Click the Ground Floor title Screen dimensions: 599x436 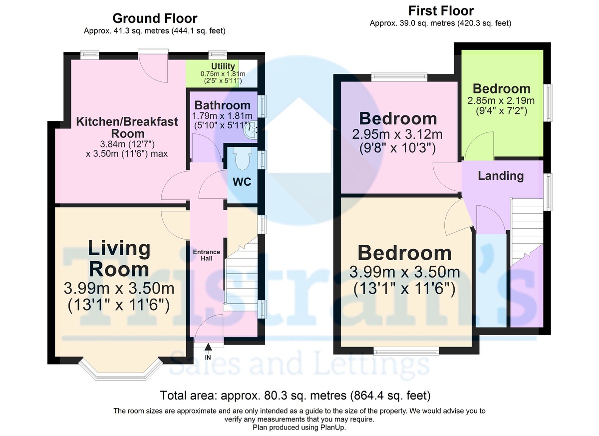155,18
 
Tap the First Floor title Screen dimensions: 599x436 441,11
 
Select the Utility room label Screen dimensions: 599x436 223,66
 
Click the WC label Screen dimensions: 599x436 242,182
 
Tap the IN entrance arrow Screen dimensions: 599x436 208,347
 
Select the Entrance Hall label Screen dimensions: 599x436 207,255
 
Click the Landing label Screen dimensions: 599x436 501,176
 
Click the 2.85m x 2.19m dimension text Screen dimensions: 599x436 501,101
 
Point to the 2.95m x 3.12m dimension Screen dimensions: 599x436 397,134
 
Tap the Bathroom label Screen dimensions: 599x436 223,105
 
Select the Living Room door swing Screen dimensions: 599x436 175,225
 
